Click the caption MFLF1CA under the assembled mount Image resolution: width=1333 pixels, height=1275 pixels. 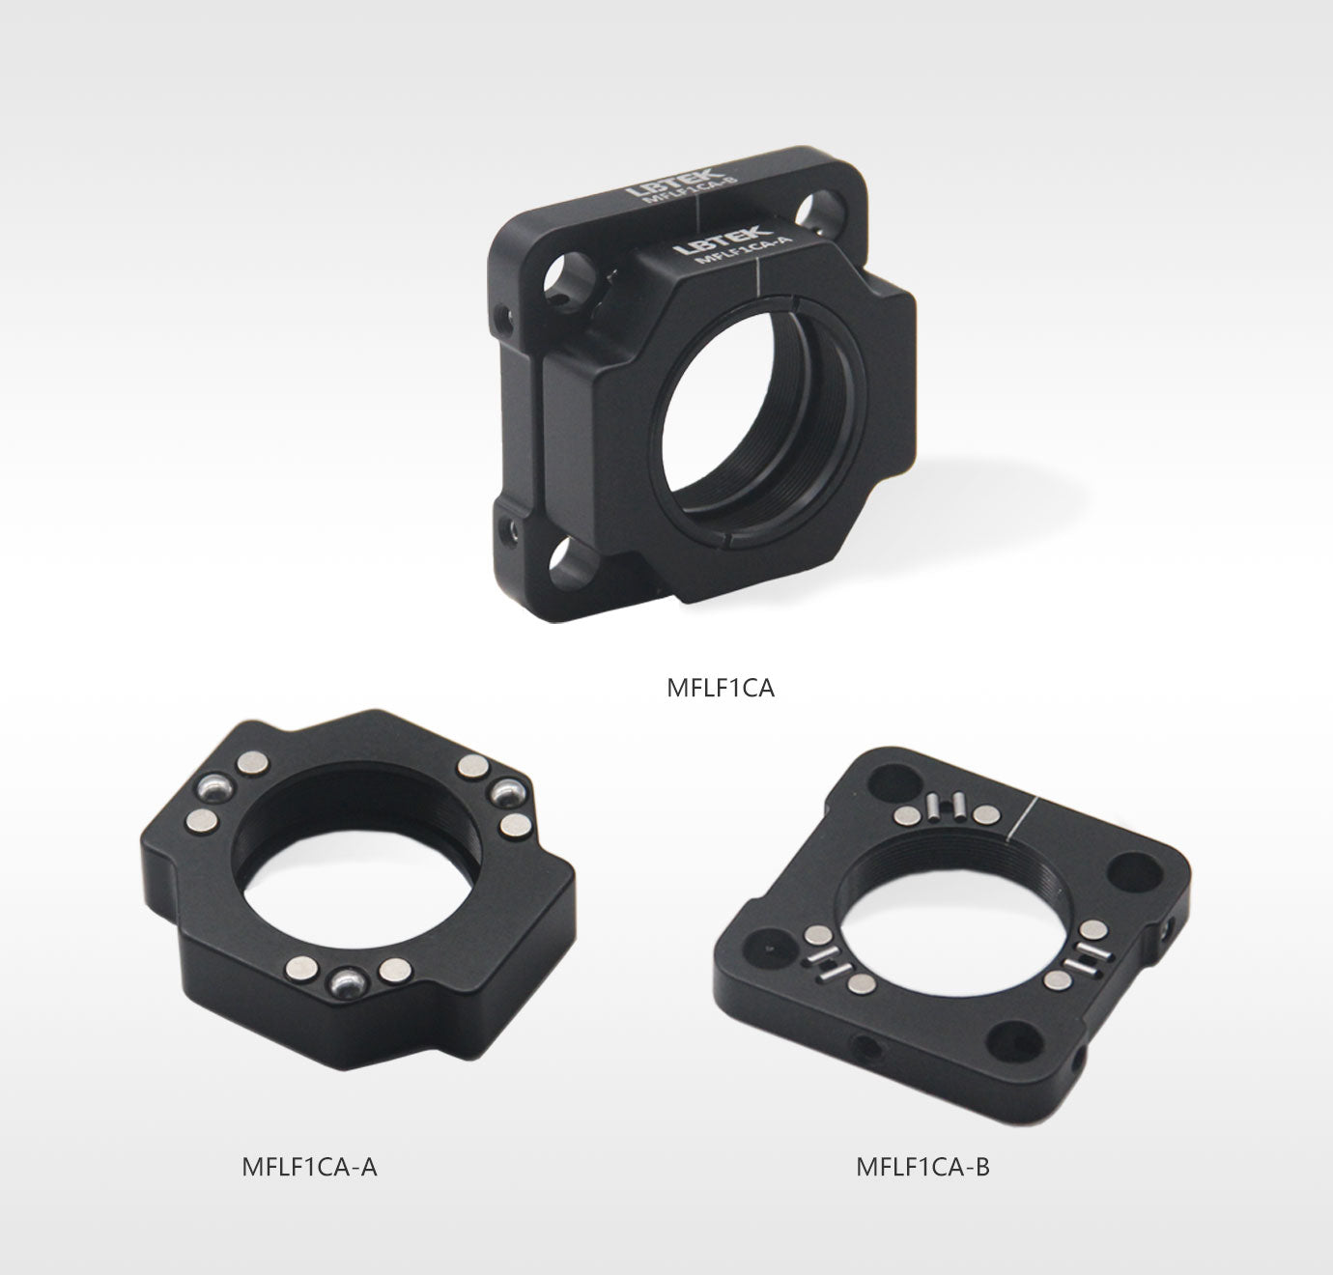[x=720, y=688]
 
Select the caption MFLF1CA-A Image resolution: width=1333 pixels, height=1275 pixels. [x=309, y=1166]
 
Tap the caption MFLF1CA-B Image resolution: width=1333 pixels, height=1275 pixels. [x=922, y=1166]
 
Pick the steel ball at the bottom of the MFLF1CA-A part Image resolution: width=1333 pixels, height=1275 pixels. [x=348, y=983]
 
